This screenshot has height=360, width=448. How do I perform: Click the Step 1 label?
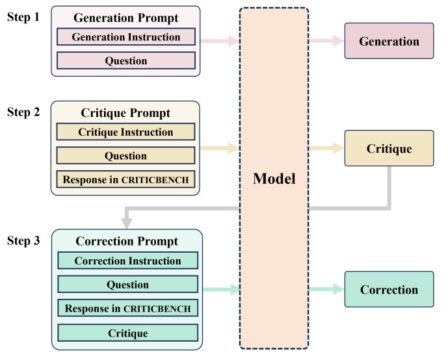pos(23,17)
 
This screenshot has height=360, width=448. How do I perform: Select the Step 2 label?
pos(23,112)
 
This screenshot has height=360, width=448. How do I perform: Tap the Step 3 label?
pos(23,241)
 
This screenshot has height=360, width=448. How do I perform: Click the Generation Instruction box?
pos(126,37)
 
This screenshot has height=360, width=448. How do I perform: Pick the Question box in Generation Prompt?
pos(126,61)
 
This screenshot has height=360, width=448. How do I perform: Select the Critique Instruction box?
pos(125,132)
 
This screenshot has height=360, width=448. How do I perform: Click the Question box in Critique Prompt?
pos(125,156)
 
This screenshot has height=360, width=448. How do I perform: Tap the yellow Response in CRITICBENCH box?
pos(125,179)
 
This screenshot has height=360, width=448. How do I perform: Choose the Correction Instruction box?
pos(127,261)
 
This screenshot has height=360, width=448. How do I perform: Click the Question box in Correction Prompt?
pos(127,285)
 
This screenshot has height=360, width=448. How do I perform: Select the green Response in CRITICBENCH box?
pos(127,309)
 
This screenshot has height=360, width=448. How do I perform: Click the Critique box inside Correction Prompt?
pos(127,333)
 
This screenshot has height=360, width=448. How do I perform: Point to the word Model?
pos(273,179)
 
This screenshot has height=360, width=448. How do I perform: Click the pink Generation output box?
pos(389,42)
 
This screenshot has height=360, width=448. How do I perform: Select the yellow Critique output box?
pos(389,149)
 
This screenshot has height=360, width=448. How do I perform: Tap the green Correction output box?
pos(389,290)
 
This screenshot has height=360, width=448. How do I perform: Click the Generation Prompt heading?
pos(126,18)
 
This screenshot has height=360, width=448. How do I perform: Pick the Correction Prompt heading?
pos(127,241)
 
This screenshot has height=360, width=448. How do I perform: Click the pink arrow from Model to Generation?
pos(326,42)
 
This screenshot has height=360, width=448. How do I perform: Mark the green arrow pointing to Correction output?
pos(326,290)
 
